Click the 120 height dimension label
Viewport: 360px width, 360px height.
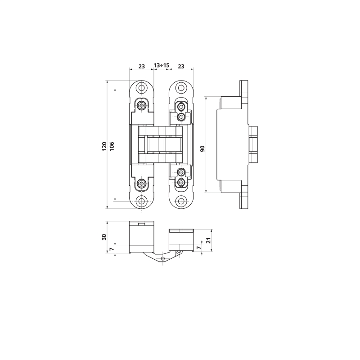[104, 147]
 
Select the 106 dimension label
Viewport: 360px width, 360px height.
[112, 147]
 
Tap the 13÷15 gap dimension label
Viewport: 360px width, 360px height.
[162, 65]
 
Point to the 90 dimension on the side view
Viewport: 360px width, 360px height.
[202, 149]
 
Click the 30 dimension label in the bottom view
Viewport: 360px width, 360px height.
[104, 237]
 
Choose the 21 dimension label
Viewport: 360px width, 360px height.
[208, 240]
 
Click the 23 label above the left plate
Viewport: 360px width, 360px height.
[142, 66]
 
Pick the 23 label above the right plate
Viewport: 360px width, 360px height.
[181, 66]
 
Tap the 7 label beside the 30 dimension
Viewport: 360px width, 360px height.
[112, 249]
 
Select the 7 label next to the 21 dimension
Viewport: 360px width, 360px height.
[199, 247]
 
